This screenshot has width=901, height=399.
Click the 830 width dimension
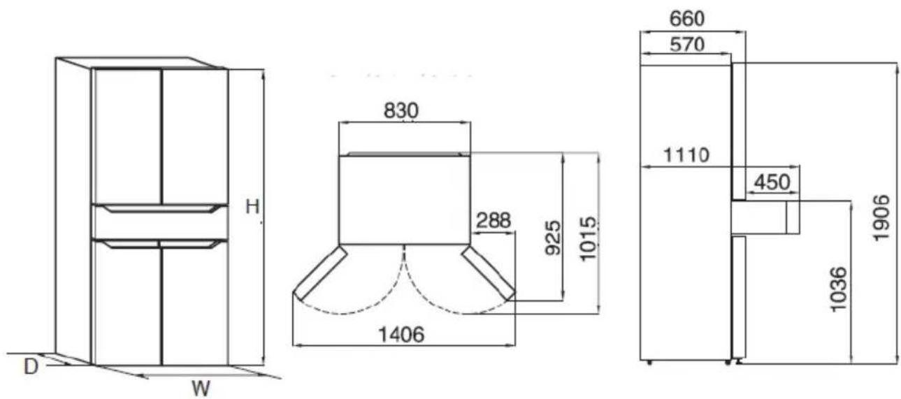[x=401, y=110]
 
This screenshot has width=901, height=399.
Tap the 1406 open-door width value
[x=401, y=334]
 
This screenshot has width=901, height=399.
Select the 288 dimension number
[x=493, y=220]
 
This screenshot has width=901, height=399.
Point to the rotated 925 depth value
[x=553, y=238]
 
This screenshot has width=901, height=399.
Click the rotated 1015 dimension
[x=588, y=238]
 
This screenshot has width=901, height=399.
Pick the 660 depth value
[x=687, y=18]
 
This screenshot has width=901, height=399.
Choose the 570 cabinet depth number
[x=687, y=44]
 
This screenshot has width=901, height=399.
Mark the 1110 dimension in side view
[x=686, y=155]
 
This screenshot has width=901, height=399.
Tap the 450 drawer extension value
[x=772, y=182]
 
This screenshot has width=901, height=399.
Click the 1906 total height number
[x=881, y=217]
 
